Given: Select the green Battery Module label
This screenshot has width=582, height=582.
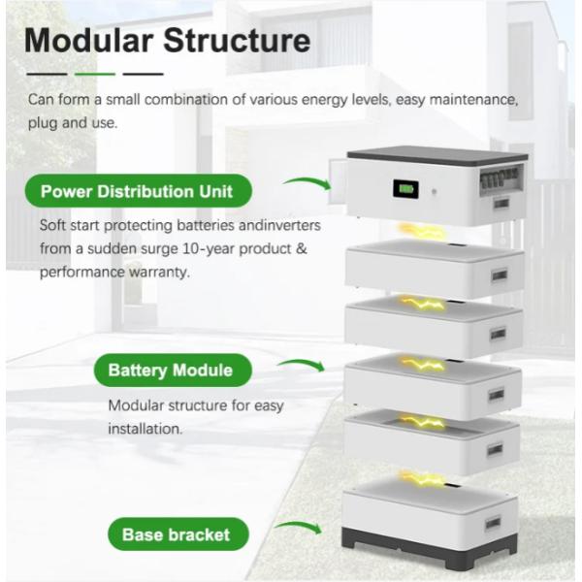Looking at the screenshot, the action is click(x=170, y=370).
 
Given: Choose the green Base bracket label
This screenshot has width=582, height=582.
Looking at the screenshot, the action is click(x=176, y=533).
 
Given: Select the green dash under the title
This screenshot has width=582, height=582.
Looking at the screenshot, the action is click(x=95, y=74).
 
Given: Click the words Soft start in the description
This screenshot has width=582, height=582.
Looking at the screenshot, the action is click(x=71, y=224).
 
